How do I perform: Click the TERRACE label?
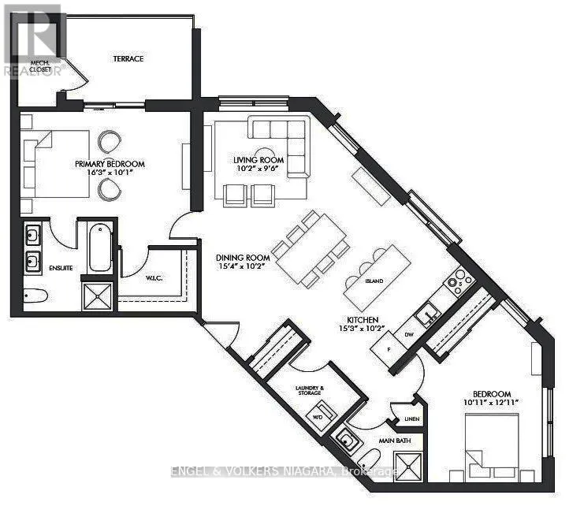point(128,58)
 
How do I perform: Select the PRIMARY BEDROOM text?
point(110,164)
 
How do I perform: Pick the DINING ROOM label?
point(244,258)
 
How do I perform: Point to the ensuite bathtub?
point(99,247)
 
